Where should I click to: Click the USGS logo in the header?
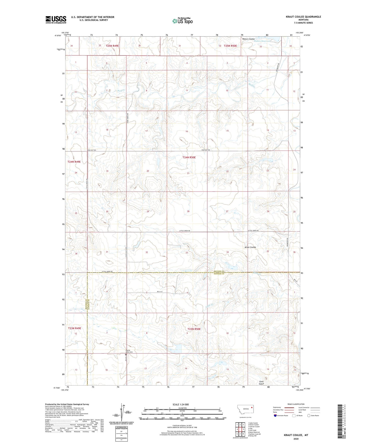click(56, 19)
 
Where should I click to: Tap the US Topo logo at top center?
click(182, 21)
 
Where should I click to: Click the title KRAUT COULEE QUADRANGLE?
click(303, 17)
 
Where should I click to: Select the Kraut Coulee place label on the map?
click(250, 247)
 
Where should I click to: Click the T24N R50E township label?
click(189, 157)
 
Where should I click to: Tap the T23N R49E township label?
click(74, 328)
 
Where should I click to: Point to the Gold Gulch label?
click(261, 383)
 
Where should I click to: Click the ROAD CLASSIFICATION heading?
click(296, 404)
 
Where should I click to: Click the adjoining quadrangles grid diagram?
click(240, 429)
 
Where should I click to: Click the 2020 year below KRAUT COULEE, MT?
click(296, 439)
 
